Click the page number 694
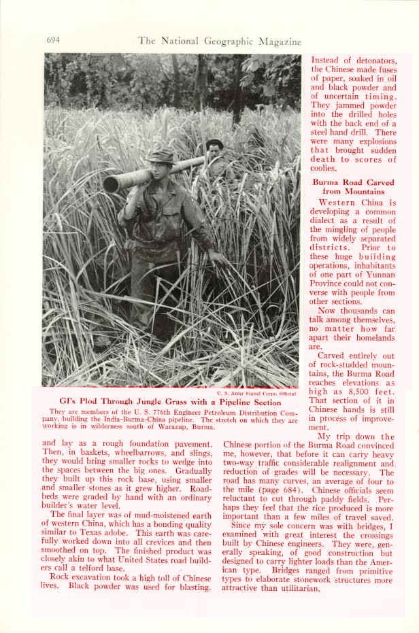click(53, 40)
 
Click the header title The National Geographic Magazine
click(220, 41)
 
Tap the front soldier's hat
click(161, 156)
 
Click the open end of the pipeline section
click(111, 184)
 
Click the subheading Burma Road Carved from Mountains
click(353, 187)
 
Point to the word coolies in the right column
click(324, 168)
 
